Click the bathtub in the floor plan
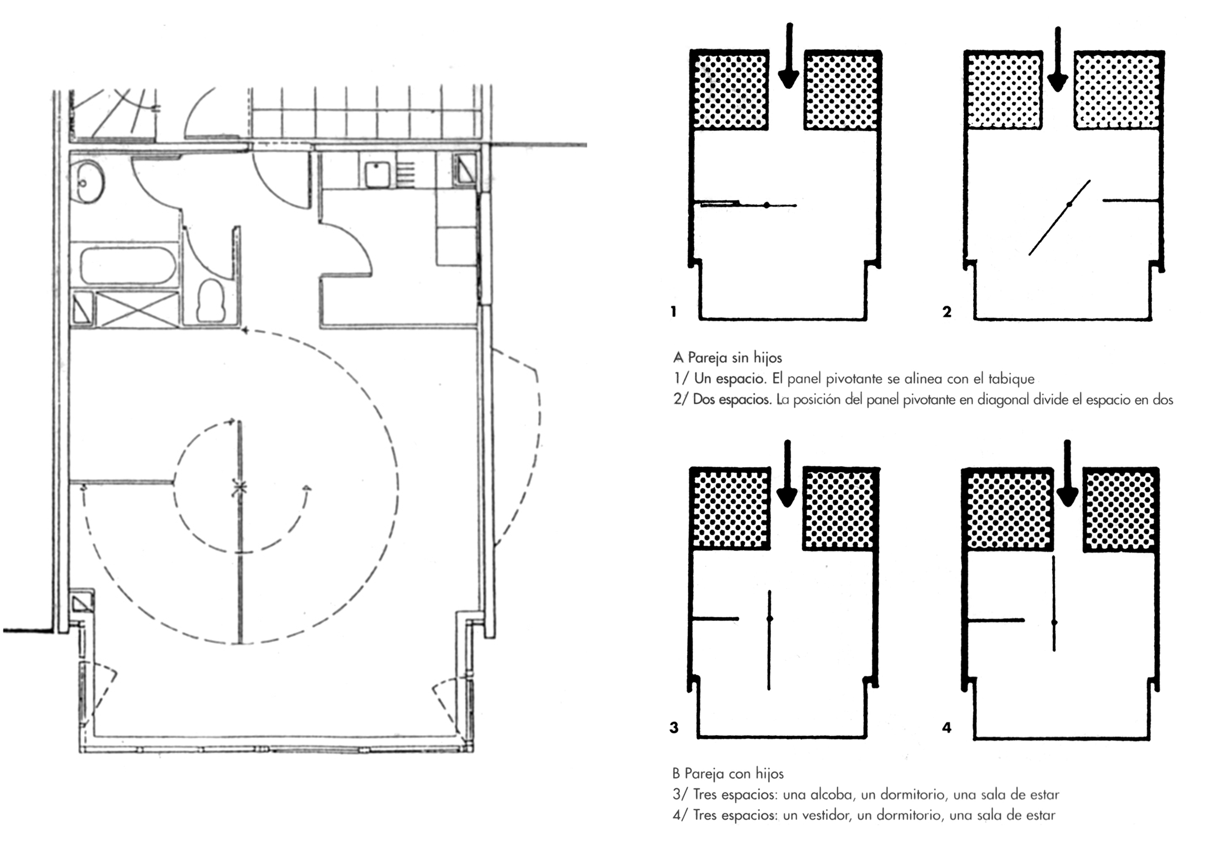128,266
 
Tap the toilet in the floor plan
211,300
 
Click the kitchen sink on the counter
377,174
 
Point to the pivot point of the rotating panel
240,488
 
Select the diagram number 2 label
947,312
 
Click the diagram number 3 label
674,728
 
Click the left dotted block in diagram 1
730,91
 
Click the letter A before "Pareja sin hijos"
678,358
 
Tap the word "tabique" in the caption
1012,379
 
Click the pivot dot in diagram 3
770,618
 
